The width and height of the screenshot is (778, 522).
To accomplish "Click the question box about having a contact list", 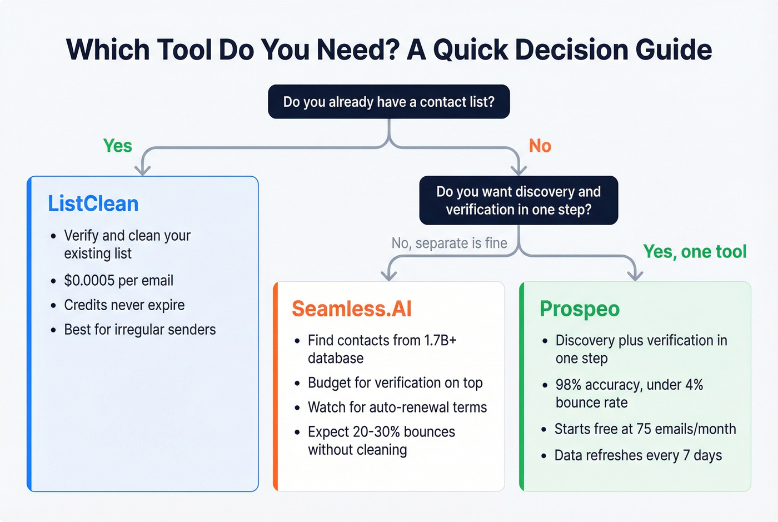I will click(x=388, y=102).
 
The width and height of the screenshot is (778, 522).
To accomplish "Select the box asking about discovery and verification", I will click(x=518, y=201).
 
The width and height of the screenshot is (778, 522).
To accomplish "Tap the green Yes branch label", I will click(x=117, y=146).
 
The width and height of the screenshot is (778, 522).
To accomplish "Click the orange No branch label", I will click(x=540, y=146).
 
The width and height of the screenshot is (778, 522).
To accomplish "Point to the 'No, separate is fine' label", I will click(x=449, y=243).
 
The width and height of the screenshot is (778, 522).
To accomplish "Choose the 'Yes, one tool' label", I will click(x=694, y=252).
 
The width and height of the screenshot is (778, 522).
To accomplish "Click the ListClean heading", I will click(x=93, y=203).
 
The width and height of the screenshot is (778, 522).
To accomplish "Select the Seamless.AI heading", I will click(x=351, y=309).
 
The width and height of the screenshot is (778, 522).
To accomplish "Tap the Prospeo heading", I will click(x=579, y=309).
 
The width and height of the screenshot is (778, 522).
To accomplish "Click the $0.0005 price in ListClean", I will click(x=89, y=281).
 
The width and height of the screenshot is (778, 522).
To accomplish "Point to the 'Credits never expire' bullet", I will click(x=124, y=305).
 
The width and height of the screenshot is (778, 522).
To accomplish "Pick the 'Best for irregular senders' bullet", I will click(x=139, y=330).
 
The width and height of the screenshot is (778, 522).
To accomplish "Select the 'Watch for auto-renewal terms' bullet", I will click(x=397, y=407).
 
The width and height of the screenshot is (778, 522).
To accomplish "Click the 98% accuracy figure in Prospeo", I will click(x=568, y=385).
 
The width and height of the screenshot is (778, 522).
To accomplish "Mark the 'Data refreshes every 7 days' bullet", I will click(x=638, y=455).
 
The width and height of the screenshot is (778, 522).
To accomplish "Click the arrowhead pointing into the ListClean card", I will click(x=143, y=169).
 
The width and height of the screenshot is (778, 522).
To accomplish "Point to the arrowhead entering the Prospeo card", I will click(x=635, y=275).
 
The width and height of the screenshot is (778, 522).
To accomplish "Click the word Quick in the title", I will click(x=470, y=50).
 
